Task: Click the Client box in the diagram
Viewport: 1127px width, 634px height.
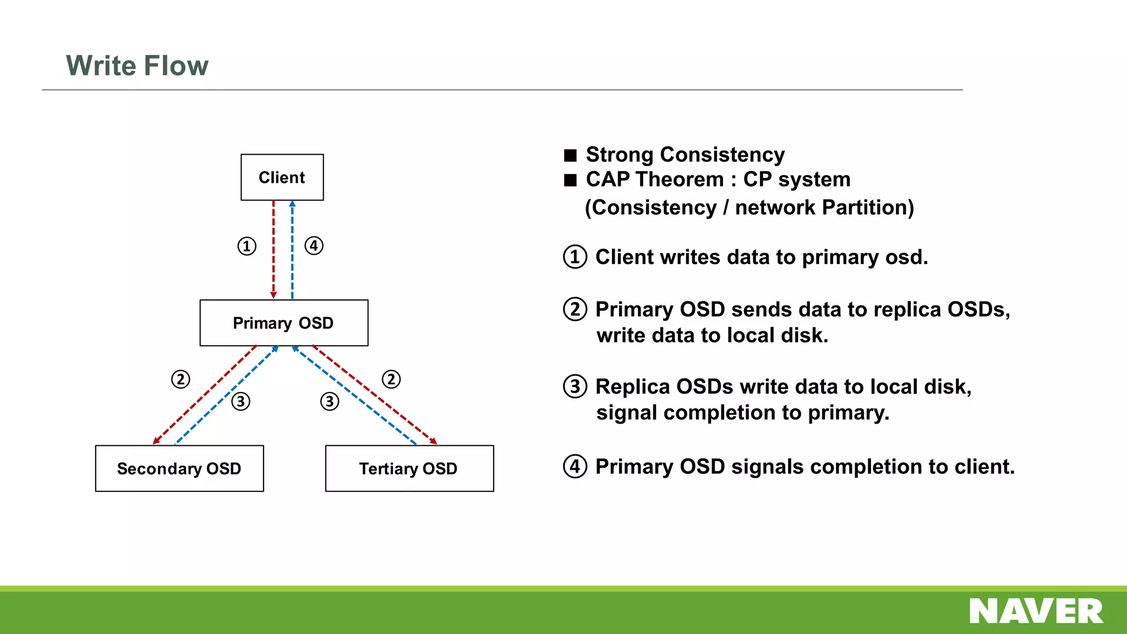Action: [282, 177]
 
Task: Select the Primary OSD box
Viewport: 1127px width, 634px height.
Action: [283, 323]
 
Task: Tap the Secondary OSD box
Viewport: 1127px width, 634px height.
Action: [179, 468]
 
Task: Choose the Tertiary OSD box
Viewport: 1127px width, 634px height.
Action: [409, 468]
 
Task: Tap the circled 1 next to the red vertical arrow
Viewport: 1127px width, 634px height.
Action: [247, 246]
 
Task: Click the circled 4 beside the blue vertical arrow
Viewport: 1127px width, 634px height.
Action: [314, 245]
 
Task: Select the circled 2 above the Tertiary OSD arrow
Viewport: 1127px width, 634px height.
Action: [391, 379]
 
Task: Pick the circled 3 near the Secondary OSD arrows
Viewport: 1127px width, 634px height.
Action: [240, 401]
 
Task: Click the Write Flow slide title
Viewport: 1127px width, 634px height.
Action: [137, 65]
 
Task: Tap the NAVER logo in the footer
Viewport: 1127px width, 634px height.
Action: [1036, 611]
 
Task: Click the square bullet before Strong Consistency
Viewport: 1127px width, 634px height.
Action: [570, 155]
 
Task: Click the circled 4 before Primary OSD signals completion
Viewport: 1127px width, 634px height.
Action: [575, 466]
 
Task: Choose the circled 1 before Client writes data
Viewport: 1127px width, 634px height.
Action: [575, 257]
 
